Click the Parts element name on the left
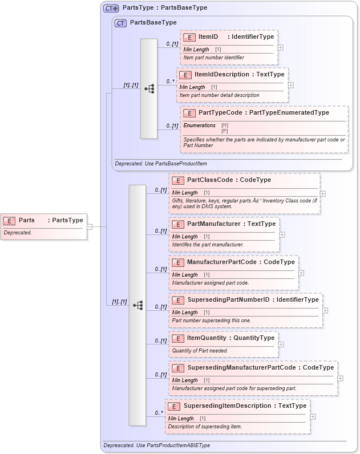click(x=27, y=220)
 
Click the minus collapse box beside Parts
click(x=90, y=226)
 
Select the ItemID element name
click(x=208, y=37)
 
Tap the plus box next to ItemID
click(x=280, y=47)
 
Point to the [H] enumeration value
click(x=224, y=125)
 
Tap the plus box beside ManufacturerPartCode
click(x=301, y=273)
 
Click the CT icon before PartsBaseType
click(x=120, y=23)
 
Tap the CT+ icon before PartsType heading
click(x=111, y=8)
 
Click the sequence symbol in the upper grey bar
click(x=149, y=89)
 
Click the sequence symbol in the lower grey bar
click(x=137, y=305)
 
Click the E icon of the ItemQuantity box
click(x=177, y=338)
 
